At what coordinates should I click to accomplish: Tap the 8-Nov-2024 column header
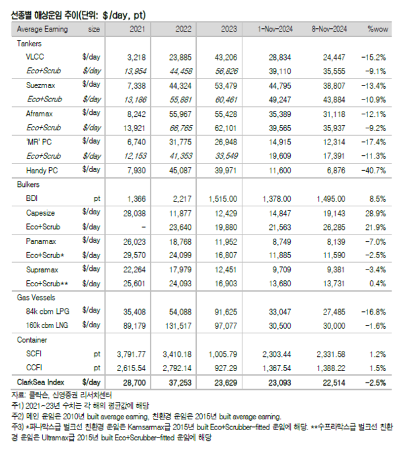[x=329, y=30]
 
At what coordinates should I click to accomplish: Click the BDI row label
[x=34, y=199]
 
